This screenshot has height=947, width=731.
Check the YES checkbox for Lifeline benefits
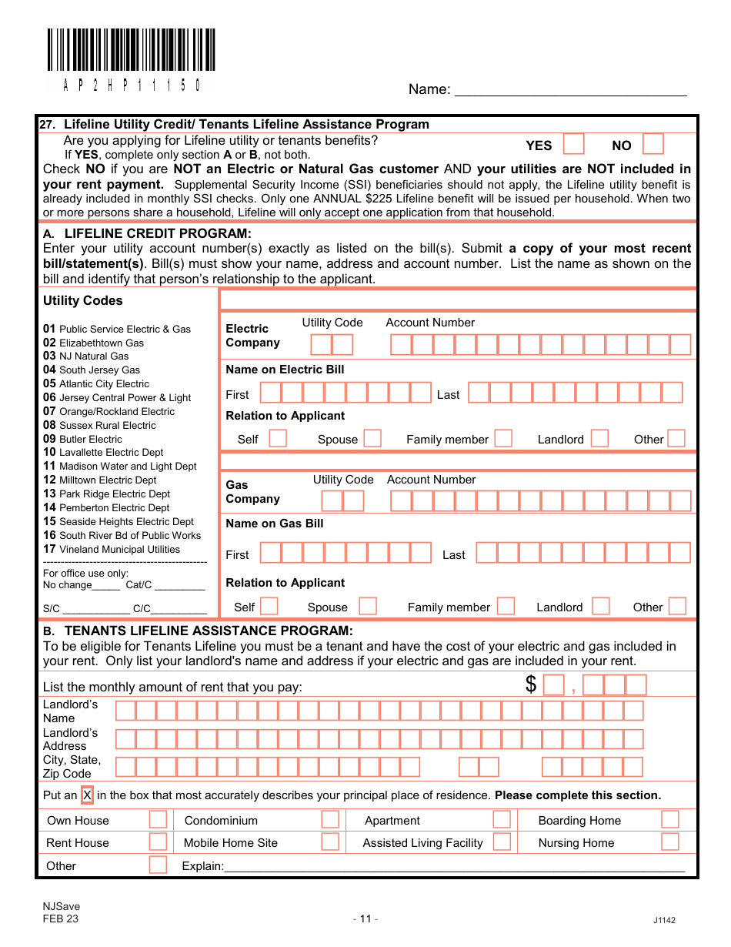coord(574,145)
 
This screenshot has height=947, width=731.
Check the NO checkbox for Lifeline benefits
coord(653,145)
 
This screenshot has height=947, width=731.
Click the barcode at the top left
coord(131,51)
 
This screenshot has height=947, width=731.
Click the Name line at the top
coord(570,89)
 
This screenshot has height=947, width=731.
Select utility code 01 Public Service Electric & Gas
coord(117,329)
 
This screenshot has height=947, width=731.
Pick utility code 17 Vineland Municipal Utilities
coord(112,549)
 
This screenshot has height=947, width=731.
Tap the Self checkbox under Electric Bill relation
coord(278,439)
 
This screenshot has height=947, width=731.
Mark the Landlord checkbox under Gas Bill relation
coord(601,607)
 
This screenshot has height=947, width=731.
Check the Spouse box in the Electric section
coord(372,439)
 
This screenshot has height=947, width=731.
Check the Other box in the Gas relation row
coord(677,607)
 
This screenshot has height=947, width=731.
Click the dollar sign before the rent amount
coord(531,684)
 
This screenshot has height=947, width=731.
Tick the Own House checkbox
coord(158,819)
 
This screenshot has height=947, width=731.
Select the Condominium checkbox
coord(330,819)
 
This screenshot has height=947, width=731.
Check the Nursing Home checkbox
coord(669,842)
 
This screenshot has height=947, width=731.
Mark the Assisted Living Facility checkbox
coord(502,842)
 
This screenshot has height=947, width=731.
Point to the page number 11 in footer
coord(365,919)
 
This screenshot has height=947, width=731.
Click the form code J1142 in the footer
coord(664,920)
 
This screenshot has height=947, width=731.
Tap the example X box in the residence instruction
coord(88,795)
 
